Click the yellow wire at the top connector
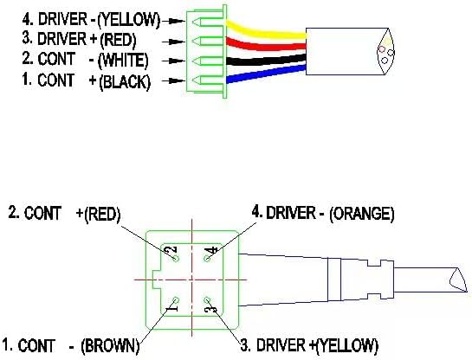(265, 31)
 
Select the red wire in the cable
(266, 45)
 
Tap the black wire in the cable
(266, 59)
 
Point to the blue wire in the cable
(266, 74)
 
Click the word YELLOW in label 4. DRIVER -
(129, 20)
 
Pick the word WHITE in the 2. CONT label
(124, 61)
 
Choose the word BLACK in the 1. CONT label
(125, 81)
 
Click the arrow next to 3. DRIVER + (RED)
(173, 42)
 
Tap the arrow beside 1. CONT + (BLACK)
(173, 80)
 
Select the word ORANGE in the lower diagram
(362, 214)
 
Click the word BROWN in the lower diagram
(110, 346)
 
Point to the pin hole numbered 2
(176, 259)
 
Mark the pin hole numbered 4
(207, 259)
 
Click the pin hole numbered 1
(176, 300)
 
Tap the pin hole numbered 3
(207, 299)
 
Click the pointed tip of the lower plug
(467, 291)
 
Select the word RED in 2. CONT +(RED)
(102, 214)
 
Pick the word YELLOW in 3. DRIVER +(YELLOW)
(346, 346)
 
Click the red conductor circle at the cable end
(382, 49)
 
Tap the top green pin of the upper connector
(209, 22)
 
